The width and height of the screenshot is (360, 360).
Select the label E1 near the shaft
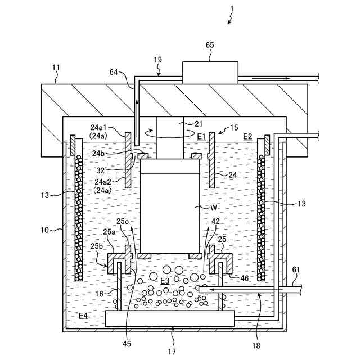pyautogui.click(x=201, y=136)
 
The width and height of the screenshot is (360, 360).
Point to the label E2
pyautogui.click(x=247, y=136)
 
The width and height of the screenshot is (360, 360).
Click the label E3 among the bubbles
pyautogui.click(x=165, y=280)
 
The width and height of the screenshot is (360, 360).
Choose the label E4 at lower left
pyautogui.click(x=83, y=316)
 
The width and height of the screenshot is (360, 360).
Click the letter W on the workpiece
pyautogui.click(x=198, y=208)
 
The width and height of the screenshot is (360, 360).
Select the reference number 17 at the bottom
pyautogui.click(x=172, y=352)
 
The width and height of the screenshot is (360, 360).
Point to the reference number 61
pyautogui.click(x=296, y=270)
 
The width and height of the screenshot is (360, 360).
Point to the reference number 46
pyautogui.click(x=244, y=277)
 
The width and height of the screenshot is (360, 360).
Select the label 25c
pyautogui.click(x=123, y=221)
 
